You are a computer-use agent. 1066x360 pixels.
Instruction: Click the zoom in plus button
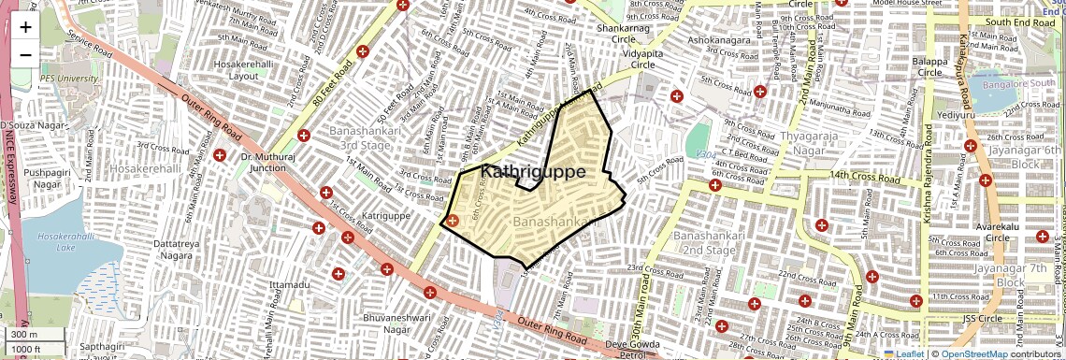click(25, 26)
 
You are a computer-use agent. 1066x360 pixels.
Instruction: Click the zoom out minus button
click(25, 54)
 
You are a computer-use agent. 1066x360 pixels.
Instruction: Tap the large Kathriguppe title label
click(533, 172)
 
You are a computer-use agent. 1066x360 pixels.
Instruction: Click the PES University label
click(68, 79)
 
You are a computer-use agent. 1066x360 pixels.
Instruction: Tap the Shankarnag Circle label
click(616, 34)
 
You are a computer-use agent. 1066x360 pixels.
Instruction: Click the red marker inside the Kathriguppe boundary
click(452, 222)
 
